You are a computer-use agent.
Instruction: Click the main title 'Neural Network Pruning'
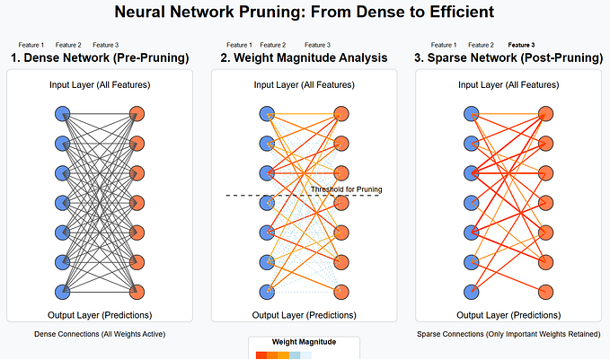[305, 13]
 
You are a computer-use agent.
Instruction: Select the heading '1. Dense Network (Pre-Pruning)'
[100, 58]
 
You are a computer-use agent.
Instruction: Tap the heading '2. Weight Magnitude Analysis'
[304, 58]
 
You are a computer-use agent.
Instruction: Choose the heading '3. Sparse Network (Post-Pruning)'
[508, 58]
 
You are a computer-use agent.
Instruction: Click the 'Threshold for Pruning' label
[347, 189]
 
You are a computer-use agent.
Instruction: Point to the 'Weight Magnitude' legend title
[304, 342]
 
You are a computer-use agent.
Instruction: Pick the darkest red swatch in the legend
[261, 356]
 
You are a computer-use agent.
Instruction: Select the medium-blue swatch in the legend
[295, 356]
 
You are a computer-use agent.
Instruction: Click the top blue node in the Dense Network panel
[62, 114]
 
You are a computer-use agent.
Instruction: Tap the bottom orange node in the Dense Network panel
[137, 292]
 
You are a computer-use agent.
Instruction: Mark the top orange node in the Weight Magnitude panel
[341, 114]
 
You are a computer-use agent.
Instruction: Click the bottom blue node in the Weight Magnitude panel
[267, 292]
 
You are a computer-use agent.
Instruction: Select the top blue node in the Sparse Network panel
[472, 114]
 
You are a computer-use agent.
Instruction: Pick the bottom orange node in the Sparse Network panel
[546, 292]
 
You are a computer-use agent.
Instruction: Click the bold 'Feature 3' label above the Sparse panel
[521, 45]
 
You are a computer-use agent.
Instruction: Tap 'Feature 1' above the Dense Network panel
[31, 45]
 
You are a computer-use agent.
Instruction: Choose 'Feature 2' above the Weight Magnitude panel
[272, 45]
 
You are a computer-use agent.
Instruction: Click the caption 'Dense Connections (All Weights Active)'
[100, 334]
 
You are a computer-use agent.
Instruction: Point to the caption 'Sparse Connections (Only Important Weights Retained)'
[508, 334]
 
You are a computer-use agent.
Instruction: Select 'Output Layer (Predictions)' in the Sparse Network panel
[508, 315]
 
